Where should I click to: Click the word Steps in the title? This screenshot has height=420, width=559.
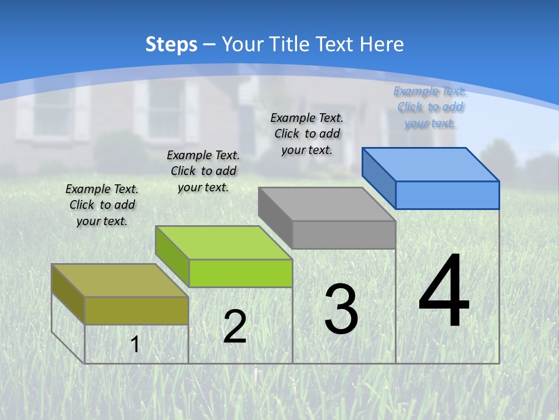(x=171, y=44)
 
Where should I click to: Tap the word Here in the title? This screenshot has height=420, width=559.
(x=381, y=44)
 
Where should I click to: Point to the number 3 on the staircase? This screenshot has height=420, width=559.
(x=341, y=309)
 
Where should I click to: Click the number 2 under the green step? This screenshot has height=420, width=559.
(x=235, y=327)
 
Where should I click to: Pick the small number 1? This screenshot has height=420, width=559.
(x=135, y=345)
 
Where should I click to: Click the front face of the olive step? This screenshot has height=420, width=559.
(x=137, y=310)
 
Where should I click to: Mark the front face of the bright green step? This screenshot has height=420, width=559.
(x=240, y=273)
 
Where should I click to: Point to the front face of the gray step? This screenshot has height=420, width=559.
(x=344, y=235)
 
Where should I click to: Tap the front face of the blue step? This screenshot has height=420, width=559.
(x=447, y=195)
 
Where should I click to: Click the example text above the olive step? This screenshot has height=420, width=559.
(x=102, y=205)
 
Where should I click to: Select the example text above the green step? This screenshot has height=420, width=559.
(x=203, y=171)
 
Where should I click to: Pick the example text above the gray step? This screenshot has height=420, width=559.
(x=307, y=134)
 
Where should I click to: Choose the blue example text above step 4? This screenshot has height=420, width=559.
(x=430, y=107)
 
